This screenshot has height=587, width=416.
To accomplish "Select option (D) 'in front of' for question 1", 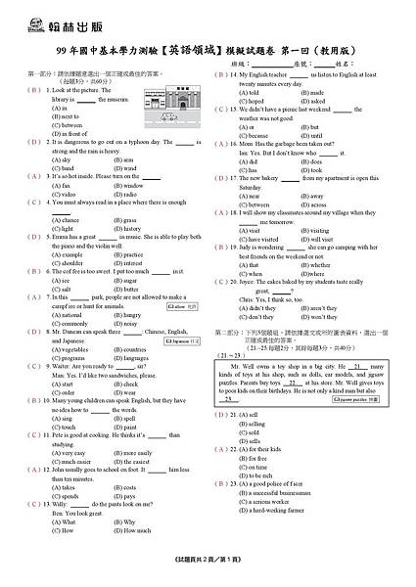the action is (x=67, y=133).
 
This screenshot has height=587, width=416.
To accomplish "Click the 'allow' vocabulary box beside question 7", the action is (x=181, y=306).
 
